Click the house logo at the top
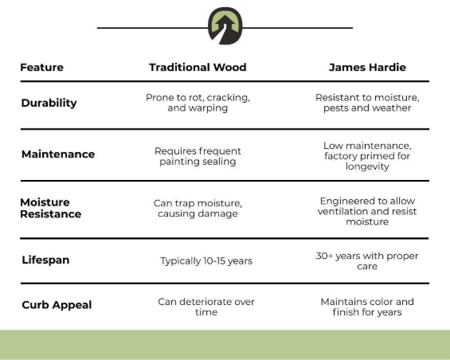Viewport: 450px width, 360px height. tap(225, 25)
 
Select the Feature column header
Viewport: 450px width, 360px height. tap(42, 68)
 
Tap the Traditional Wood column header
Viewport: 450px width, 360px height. tap(198, 68)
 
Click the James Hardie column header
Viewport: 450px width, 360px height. tap(367, 68)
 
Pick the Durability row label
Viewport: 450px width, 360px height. tap(49, 103)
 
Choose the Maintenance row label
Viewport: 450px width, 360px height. tap(58, 155)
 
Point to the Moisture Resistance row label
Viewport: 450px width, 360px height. tap(50, 208)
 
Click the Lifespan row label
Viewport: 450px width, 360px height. tap(45, 260)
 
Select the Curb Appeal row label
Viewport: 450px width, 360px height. tap(57, 305)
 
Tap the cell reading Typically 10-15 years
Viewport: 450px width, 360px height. tap(206, 261)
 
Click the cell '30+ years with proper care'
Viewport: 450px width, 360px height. tap(367, 261)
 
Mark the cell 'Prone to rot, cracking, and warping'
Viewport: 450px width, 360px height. tap(198, 103)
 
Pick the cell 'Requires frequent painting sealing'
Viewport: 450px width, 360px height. tap(198, 156)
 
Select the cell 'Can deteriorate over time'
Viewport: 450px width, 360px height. tap(206, 307)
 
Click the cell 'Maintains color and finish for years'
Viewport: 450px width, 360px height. tap(367, 307)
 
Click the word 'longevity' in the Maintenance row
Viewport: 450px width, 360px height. tap(367, 166)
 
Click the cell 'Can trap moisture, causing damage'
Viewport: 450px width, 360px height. tap(198, 209)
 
